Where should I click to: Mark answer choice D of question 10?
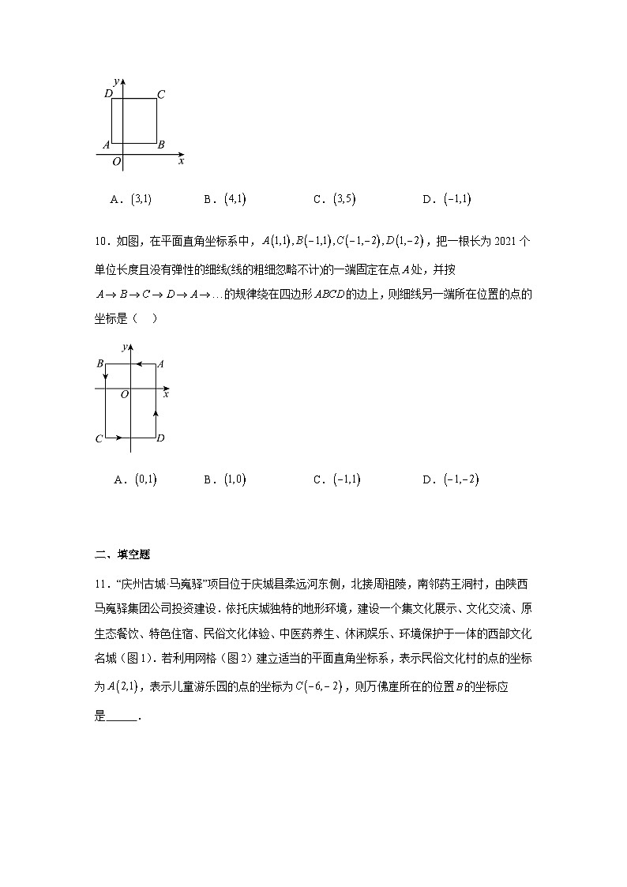[451, 479]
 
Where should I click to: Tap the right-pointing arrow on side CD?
[118, 437]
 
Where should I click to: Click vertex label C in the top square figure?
[160, 95]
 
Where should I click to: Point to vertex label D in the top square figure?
[108, 95]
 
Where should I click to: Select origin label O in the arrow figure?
[124, 394]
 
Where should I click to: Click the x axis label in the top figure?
[181, 160]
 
